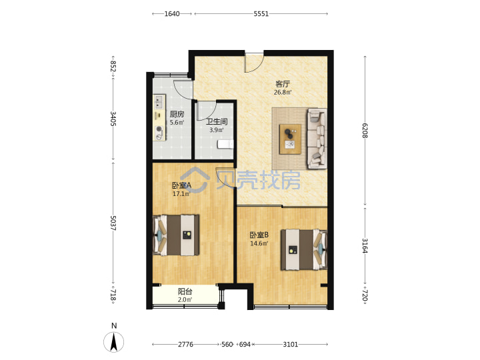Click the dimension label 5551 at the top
pyautogui.click(x=261, y=14)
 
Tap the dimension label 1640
pyautogui.click(x=172, y=14)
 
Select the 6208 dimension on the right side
pyautogui.click(x=365, y=131)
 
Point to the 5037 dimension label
pyautogui.click(x=113, y=223)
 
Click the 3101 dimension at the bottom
pyautogui.click(x=290, y=345)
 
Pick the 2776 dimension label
pyautogui.click(x=185, y=345)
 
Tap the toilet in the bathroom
pyautogui.click(x=225, y=145)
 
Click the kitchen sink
pyautogui.click(x=159, y=101)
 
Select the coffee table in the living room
pyautogui.click(x=290, y=139)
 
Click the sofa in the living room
pyautogui.click(x=317, y=139)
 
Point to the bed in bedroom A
pyautogui.click(x=176, y=235)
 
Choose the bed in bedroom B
pyautogui.click(x=304, y=250)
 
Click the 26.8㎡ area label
pyautogui.click(x=283, y=92)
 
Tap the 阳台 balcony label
pyautogui.click(x=185, y=291)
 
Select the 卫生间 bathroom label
pyautogui.click(x=217, y=121)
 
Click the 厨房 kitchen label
pyautogui.click(x=177, y=114)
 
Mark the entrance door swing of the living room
pyautogui.click(x=254, y=63)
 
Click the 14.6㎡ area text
pyautogui.click(x=259, y=244)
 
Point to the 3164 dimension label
pyautogui.click(x=365, y=246)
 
